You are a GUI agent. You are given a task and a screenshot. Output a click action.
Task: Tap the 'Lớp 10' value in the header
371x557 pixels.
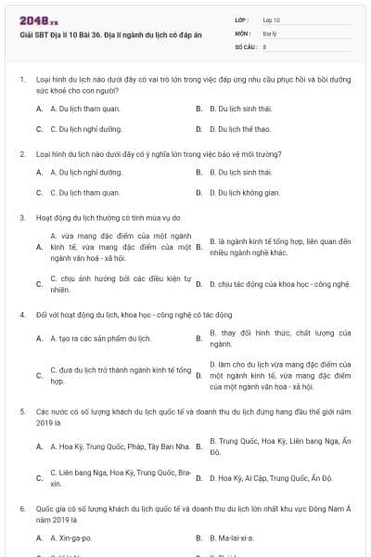(x=271, y=19)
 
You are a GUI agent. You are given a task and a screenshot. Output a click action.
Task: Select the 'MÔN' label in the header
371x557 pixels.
(x=242, y=32)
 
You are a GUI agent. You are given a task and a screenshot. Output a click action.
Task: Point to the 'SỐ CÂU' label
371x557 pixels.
(x=245, y=45)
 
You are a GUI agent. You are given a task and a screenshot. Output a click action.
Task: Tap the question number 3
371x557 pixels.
(x=21, y=217)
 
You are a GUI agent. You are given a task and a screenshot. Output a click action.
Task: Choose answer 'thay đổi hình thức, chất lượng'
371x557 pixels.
(x=279, y=338)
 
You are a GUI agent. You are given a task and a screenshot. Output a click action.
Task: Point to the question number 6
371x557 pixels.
(x=21, y=510)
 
